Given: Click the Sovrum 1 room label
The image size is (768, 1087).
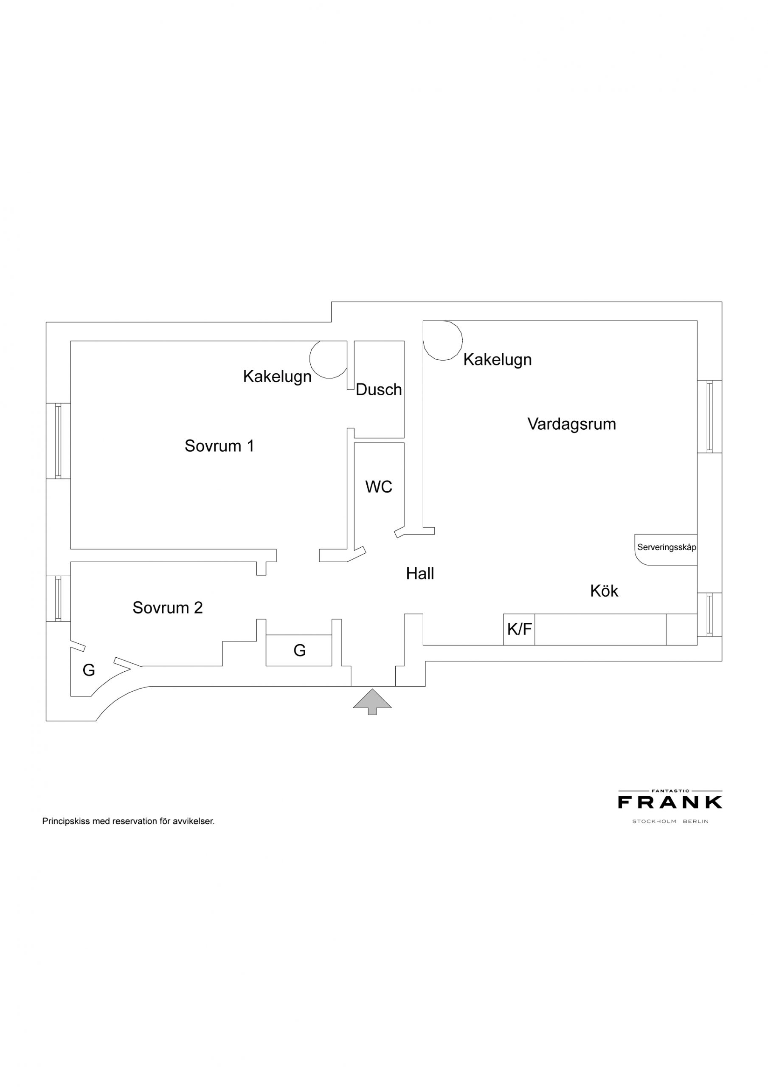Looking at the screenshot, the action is (219, 445).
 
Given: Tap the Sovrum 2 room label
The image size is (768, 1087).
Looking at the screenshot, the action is (168, 608).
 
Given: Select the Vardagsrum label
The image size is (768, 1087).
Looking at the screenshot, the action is (571, 424).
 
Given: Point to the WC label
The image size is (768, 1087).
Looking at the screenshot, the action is (379, 487).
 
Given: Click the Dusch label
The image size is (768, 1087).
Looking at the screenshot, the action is (379, 390).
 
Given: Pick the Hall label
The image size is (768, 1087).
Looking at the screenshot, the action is (420, 573).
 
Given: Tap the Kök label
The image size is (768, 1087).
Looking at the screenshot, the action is (604, 590).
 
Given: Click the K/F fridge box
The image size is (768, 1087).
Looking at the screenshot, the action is (519, 629).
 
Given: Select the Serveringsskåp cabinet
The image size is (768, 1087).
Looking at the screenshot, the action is (666, 549).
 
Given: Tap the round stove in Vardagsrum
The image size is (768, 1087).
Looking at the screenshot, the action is (443, 341).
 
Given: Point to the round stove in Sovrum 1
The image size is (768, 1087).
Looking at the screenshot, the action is (328, 359).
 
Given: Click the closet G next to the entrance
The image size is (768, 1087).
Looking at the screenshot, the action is (299, 650).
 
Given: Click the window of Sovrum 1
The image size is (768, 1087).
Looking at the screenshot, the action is (58, 441).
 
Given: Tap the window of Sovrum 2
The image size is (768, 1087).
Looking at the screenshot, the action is (58, 598).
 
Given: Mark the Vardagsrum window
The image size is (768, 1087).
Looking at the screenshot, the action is (709, 417).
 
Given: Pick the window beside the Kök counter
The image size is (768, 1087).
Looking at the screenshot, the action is (709, 614).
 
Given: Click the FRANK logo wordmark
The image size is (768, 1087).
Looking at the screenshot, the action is (670, 802).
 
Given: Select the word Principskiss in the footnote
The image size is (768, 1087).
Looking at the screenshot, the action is (66, 821).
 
